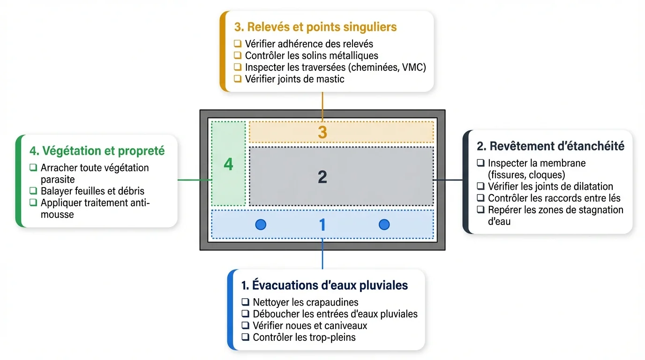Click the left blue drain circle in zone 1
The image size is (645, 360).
[x=261, y=225]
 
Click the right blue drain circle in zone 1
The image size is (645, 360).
[x=384, y=225]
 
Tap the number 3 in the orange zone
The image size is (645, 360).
[x=322, y=132]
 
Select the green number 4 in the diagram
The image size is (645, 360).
[x=228, y=165]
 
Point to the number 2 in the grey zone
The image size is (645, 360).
[x=322, y=177]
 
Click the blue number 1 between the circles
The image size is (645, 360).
[x=322, y=225]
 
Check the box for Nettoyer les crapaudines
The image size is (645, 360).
[x=245, y=302]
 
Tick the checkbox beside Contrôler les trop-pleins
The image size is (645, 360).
[x=245, y=337]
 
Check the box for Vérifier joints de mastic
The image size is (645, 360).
[x=238, y=79]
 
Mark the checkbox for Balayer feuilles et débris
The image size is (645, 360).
[x=33, y=191]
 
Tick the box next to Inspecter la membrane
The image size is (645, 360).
[x=480, y=163]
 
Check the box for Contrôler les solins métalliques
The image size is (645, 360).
[x=238, y=55]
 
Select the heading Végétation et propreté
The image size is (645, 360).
[x=97, y=151]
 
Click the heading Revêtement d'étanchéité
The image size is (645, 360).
[x=550, y=146]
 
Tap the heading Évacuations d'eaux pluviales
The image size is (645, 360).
[x=324, y=285]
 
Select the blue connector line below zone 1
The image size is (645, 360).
[x=322, y=254]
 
